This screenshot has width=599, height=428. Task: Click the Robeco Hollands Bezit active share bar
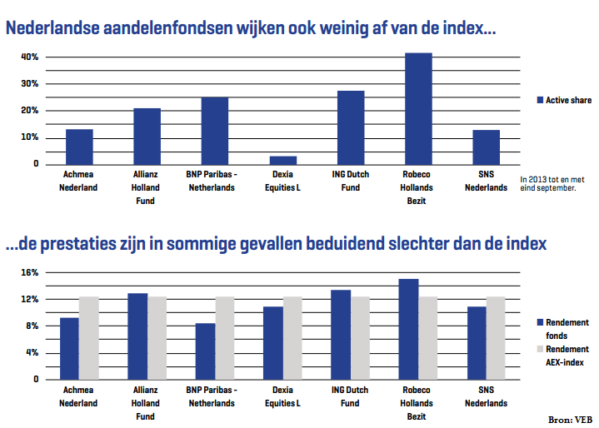418,108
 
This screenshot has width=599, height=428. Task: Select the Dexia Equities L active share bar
283,159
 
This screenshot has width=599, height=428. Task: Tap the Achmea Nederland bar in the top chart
79,147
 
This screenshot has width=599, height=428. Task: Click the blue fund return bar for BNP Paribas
205,351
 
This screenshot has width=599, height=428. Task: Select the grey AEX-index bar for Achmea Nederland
88,337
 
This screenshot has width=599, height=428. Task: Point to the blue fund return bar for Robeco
408,329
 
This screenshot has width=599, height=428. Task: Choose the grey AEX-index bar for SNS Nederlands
496,337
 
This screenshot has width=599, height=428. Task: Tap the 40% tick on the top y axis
30,57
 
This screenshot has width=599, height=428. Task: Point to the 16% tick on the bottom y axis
30,272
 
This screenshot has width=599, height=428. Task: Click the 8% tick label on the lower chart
32,326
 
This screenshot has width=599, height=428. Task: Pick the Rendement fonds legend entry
567,328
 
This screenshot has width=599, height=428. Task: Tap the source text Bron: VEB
570,419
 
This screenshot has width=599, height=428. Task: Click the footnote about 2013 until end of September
547,183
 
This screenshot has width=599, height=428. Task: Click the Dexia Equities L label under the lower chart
282,397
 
